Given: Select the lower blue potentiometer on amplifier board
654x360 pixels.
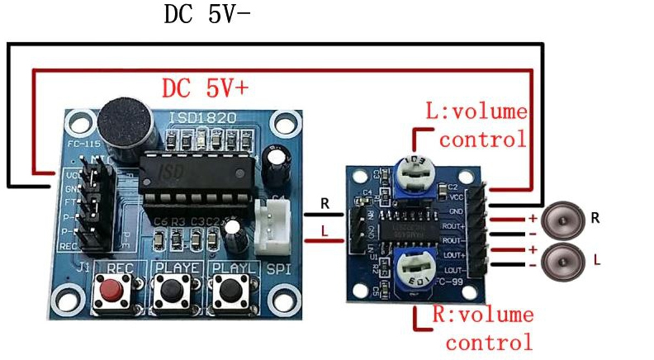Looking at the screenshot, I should click(417, 269).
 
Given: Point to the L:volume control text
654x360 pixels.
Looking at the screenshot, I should click(476, 125).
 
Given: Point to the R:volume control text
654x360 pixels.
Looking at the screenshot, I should click(482, 328).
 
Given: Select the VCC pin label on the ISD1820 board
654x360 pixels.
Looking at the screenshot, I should click(72, 176).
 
